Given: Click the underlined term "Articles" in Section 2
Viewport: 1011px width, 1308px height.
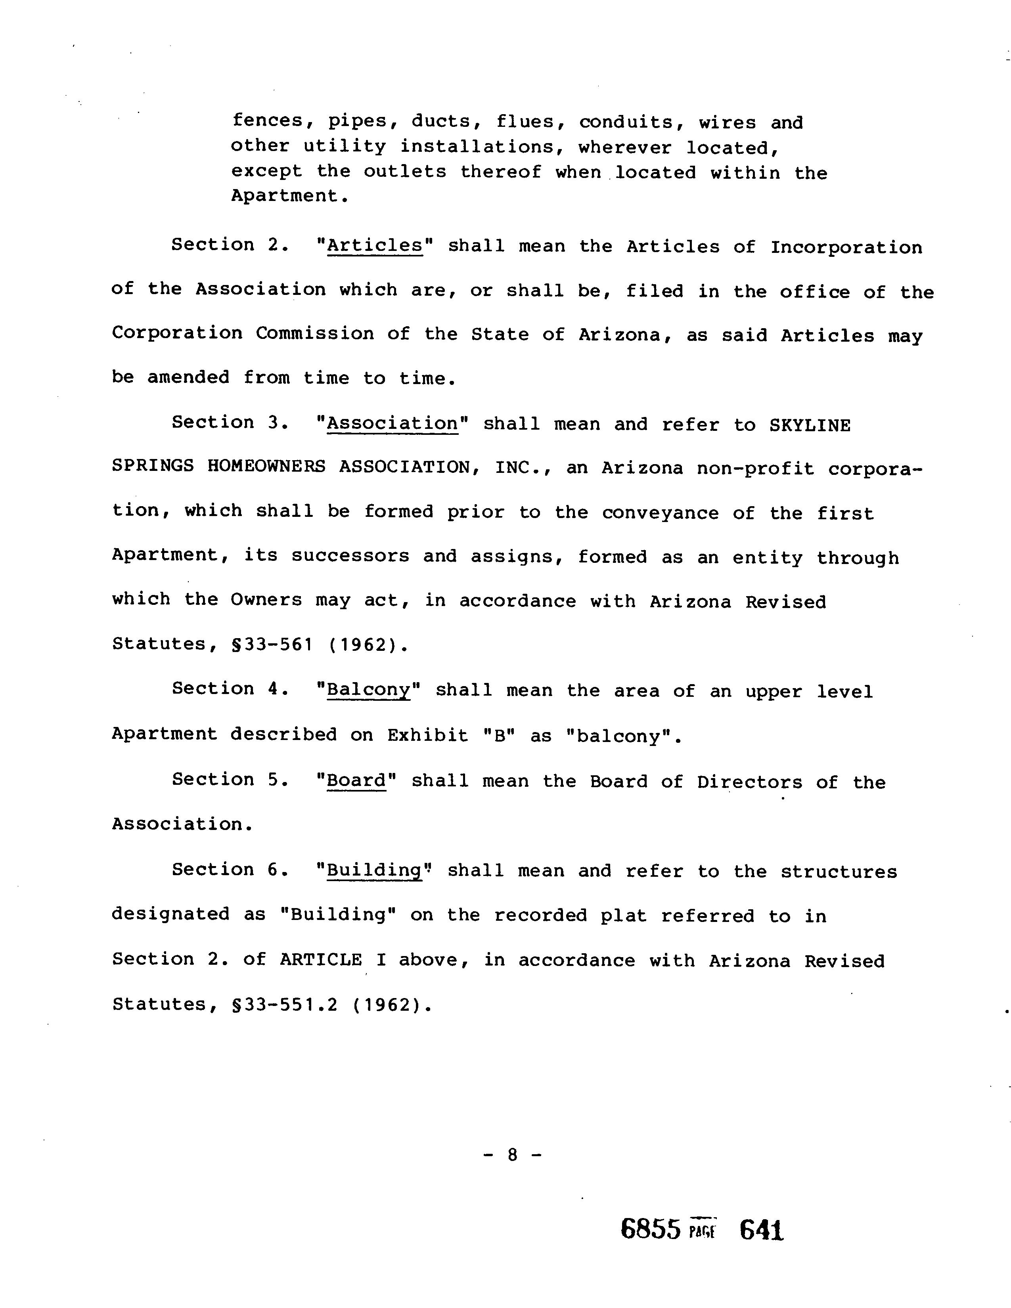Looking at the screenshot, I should [375, 246].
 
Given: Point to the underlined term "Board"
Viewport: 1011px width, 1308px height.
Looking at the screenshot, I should [357, 780].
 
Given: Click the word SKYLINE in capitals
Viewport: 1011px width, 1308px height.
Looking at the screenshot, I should [810, 425].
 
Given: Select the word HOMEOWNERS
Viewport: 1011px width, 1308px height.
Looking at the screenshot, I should [266, 468].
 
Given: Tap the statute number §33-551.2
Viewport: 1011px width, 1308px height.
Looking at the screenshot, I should [284, 1004].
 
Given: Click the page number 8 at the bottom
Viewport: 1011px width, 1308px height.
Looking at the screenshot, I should [512, 1154].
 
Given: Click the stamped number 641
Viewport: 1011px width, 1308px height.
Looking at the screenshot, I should [761, 1230].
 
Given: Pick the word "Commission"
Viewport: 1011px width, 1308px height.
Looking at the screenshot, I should [315, 334].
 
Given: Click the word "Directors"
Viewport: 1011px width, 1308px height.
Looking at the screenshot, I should [749, 782].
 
